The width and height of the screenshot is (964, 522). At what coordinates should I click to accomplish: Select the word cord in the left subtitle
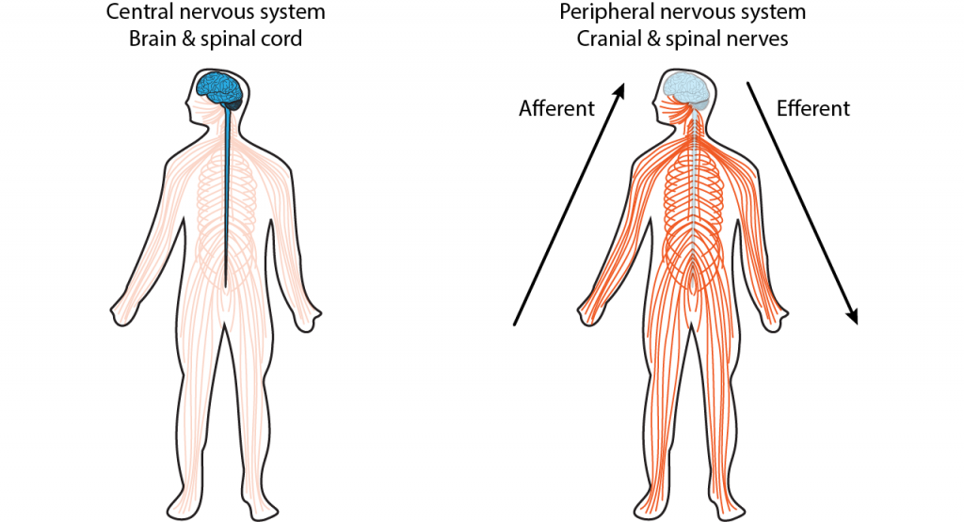pos(282,39)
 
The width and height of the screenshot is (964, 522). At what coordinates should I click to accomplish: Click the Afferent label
pos(557,108)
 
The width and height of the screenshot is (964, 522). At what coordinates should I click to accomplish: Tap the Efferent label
pos(813,108)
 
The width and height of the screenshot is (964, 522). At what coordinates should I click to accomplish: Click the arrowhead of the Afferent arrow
pos(619,90)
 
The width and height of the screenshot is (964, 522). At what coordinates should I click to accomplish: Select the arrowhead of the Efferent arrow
pos(852,316)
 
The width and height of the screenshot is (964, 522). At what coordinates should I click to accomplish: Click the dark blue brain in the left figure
pos(220,89)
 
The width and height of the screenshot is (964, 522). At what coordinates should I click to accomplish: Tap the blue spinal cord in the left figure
pos(227,197)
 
